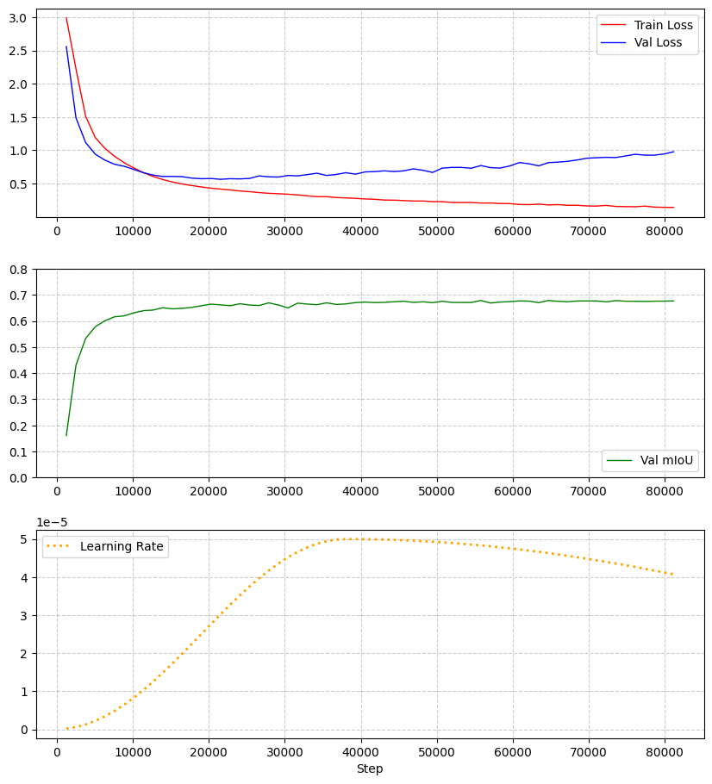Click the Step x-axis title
(x=370, y=768)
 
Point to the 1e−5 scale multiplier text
(x=52, y=522)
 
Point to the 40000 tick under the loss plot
(x=360, y=230)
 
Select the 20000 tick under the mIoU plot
(x=209, y=490)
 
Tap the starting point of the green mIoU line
(x=66, y=435)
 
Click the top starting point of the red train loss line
(x=66, y=18)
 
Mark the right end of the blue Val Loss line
(x=673, y=152)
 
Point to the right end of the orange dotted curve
(x=673, y=575)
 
